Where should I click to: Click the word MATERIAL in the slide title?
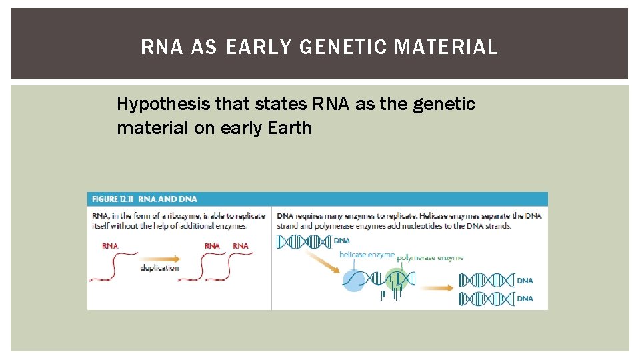pyautogui.click(x=447, y=47)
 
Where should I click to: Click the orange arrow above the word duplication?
pyautogui.click(x=161, y=257)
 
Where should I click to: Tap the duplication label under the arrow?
pyautogui.click(x=159, y=268)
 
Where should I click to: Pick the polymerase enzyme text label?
pyautogui.click(x=430, y=257)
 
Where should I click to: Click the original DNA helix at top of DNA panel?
pyautogui.click(x=304, y=241)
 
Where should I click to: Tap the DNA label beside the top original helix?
pyautogui.click(x=341, y=240)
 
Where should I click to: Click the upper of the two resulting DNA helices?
pyautogui.click(x=486, y=280)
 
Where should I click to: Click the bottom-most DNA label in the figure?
pyautogui.click(x=525, y=299)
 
